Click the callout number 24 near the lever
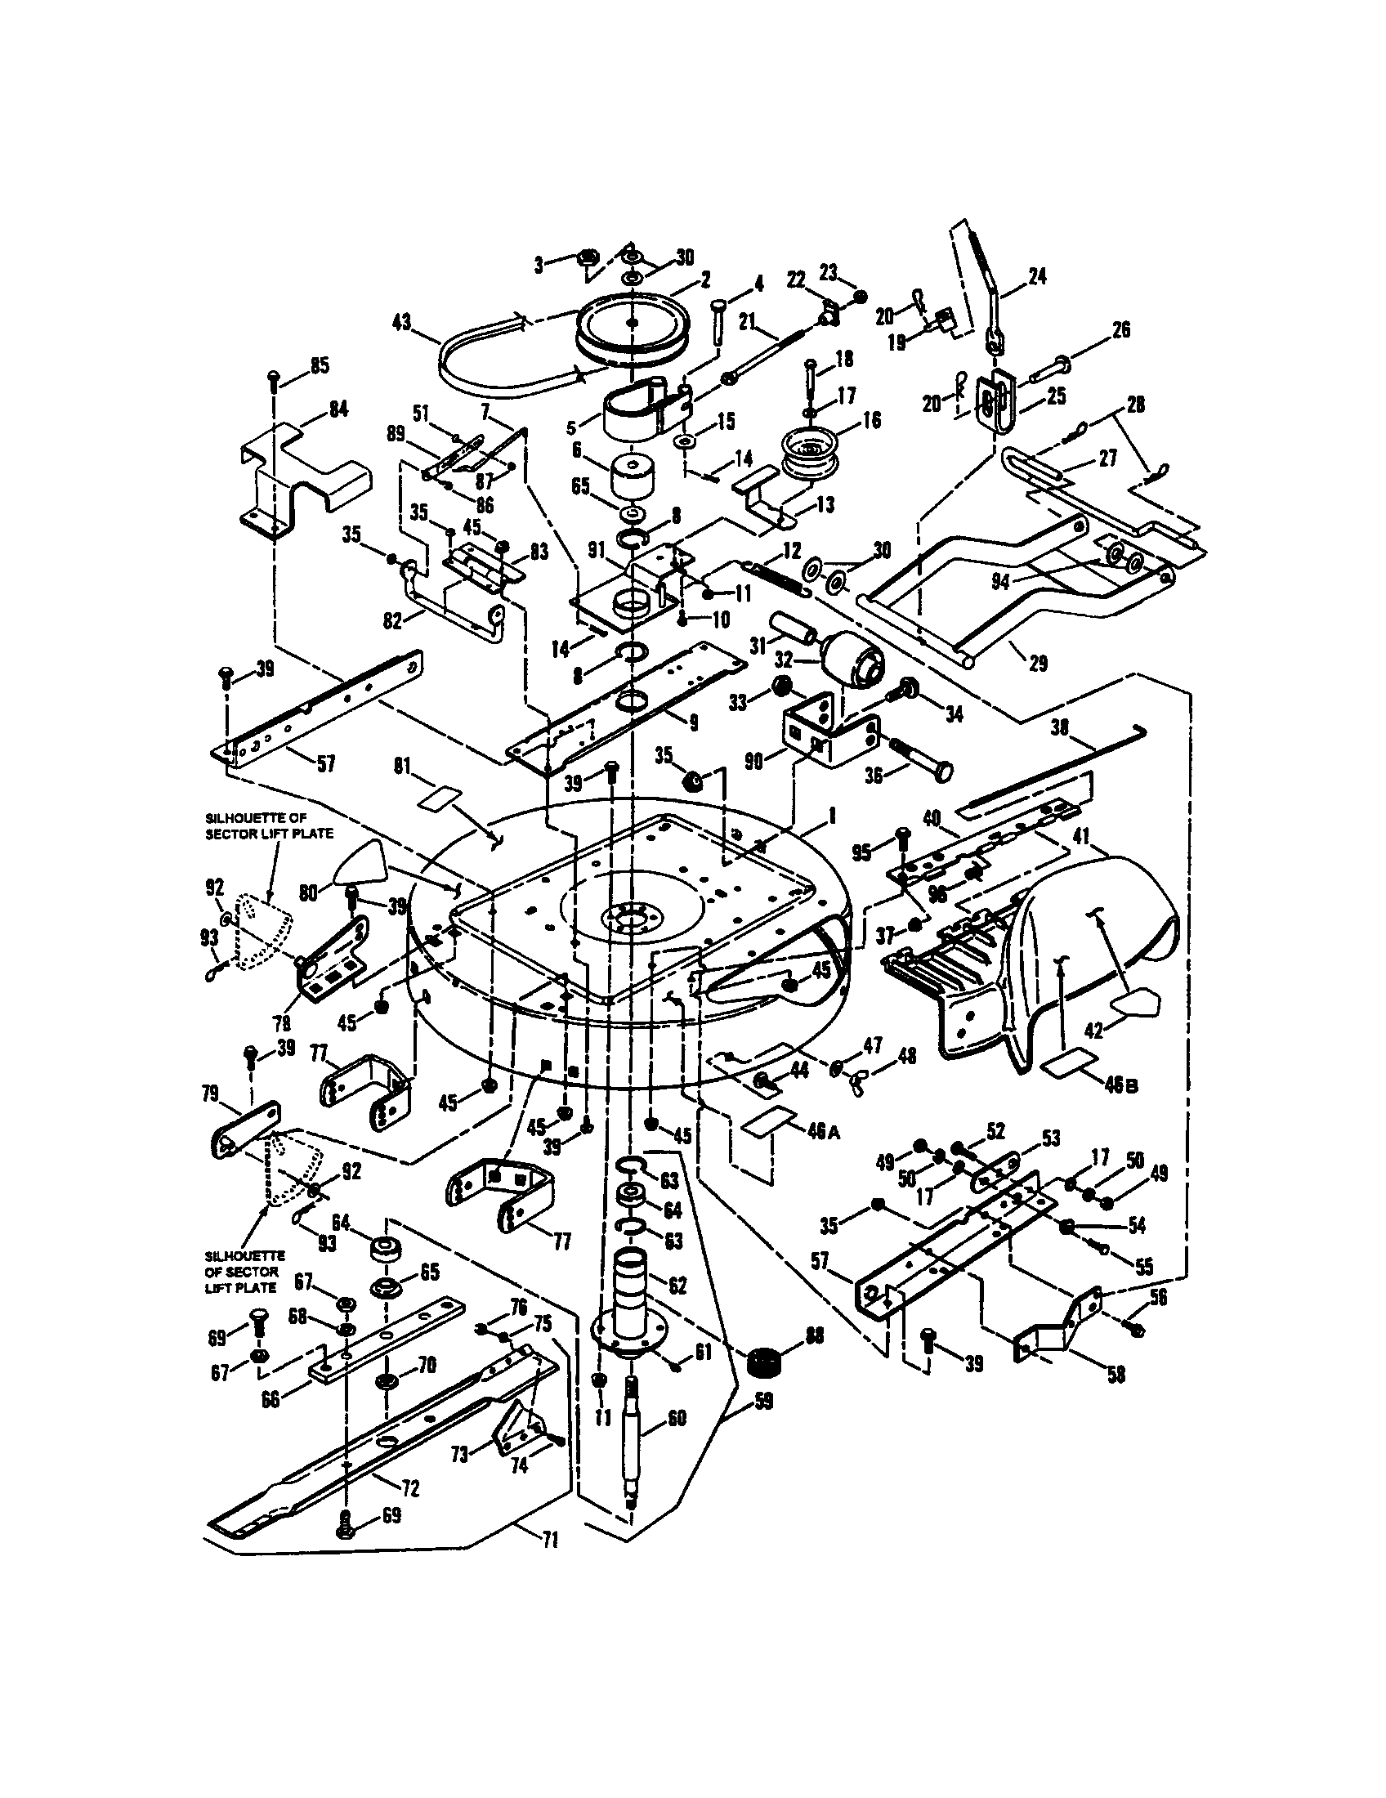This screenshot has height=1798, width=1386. (1037, 276)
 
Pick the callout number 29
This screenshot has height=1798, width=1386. (1038, 663)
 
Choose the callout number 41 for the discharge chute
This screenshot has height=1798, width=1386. (1080, 836)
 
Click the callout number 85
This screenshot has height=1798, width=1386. (318, 365)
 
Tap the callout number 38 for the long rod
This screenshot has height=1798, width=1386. (1060, 726)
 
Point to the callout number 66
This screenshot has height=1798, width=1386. (271, 1398)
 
